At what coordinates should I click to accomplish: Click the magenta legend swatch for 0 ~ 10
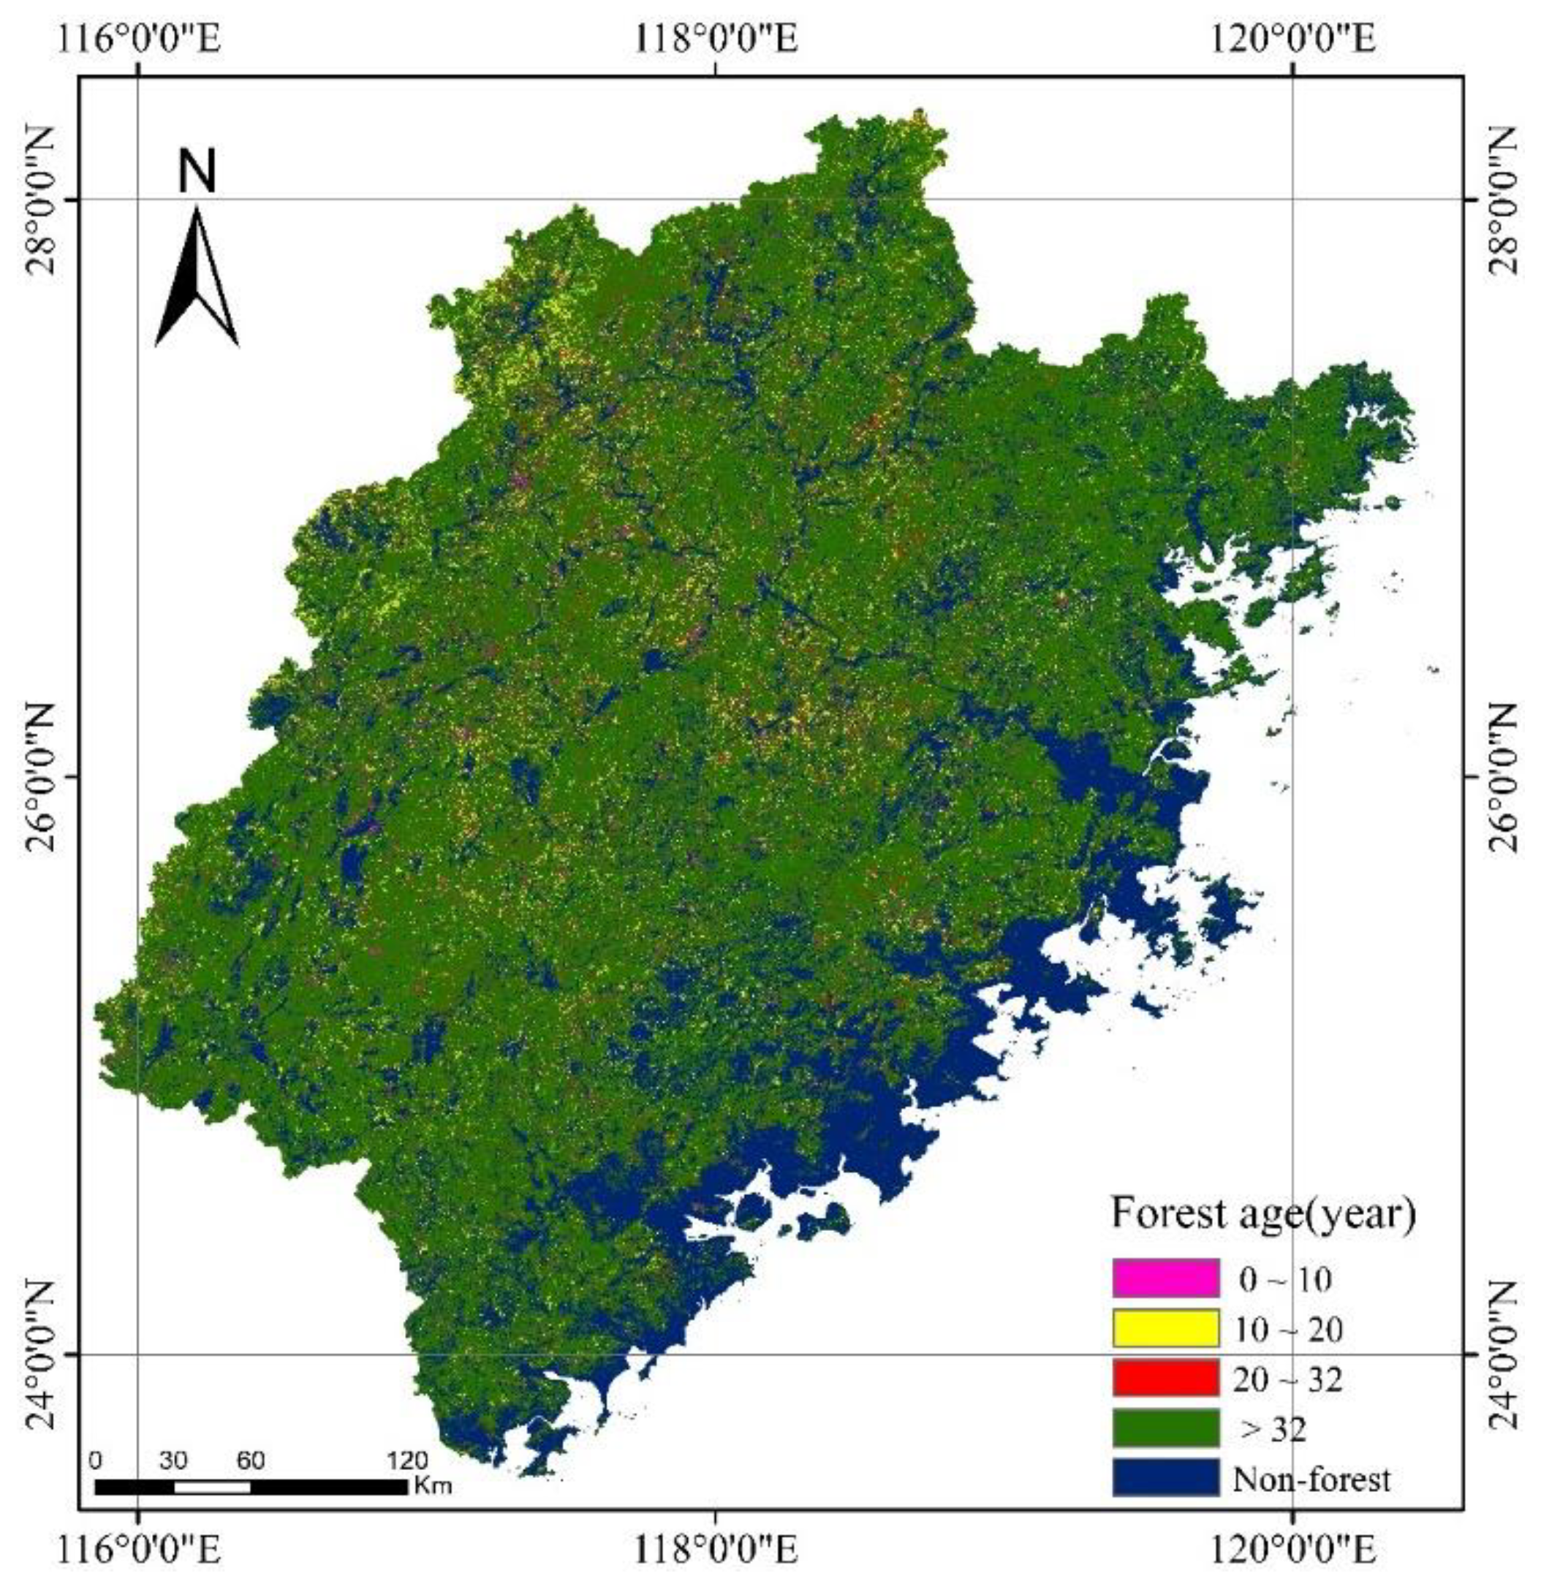click(x=1166, y=1278)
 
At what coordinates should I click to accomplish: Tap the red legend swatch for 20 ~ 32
click(x=1166, y=1379)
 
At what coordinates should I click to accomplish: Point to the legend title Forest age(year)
click(x=1263, y=1214)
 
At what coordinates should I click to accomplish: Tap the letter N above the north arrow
click(x=197, y=173)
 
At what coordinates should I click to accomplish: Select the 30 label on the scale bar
click(x=173, y=1461)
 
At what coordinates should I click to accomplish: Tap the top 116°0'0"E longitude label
click(x=137, y=38)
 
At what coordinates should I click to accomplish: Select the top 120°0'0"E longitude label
click(x=1292, y=38)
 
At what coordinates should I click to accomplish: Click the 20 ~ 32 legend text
click(x=1287, y=1379)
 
